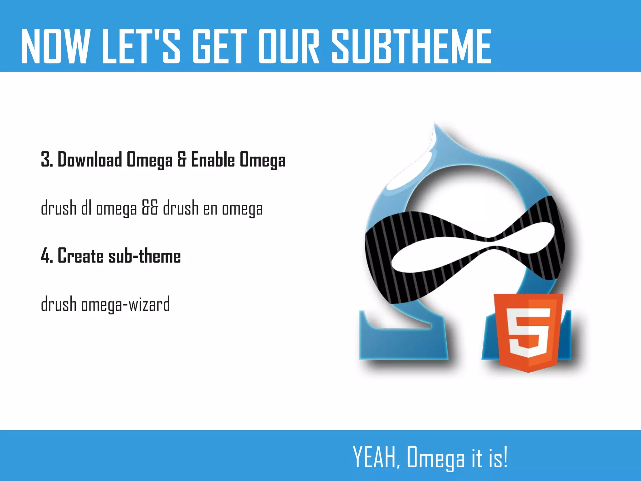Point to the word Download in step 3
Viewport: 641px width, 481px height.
click(x=90, y=160)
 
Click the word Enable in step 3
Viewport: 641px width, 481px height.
click(x=213, y=160)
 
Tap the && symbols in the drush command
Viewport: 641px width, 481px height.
click(x=150, y=208)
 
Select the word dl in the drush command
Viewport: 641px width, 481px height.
click(x=86, y=208)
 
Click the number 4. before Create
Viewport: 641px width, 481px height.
click(x=47, y=256)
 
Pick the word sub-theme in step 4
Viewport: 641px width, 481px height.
click(x=145, y=256)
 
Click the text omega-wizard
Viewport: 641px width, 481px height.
click(x=126, y=305)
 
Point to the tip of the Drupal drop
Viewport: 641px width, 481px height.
click(x=434, y=125)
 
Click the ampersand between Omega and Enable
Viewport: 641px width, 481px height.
click(x=182, y=160)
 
